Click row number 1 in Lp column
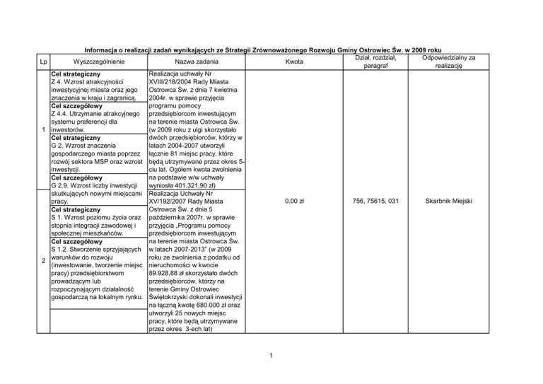click(44, 131)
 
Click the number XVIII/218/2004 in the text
click(176, 83)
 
